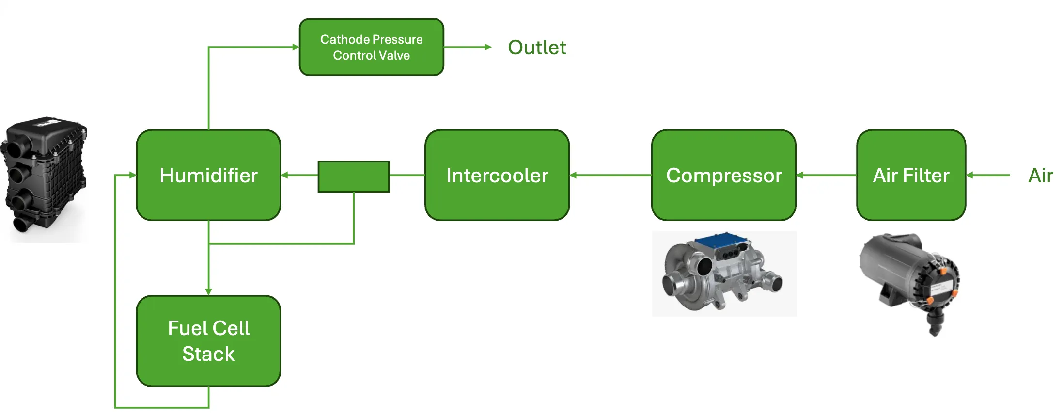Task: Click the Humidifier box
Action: [x=208, y=175]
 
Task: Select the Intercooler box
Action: [x=497, y=175]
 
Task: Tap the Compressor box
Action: [x=723, y=175]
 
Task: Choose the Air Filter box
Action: [x=911, y=175]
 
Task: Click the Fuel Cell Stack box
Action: [x=208, y=341]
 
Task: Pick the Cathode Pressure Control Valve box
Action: [x=371, y=47]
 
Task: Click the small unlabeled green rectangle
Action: [x=353, y=177]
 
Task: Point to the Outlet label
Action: [x=536, y=48]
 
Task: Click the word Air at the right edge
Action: [x=1040, y=176]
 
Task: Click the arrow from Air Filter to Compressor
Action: [x=826, y=175]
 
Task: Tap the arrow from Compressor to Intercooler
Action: [x=610, y=175]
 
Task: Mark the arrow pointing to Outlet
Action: [x=468, y=47]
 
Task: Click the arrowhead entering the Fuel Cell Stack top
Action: [x=208, y=291]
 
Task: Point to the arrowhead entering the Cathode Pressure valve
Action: [x=295, y=47]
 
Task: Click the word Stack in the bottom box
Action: [x=208, y=354]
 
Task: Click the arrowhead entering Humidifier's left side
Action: [x=132, y=175]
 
